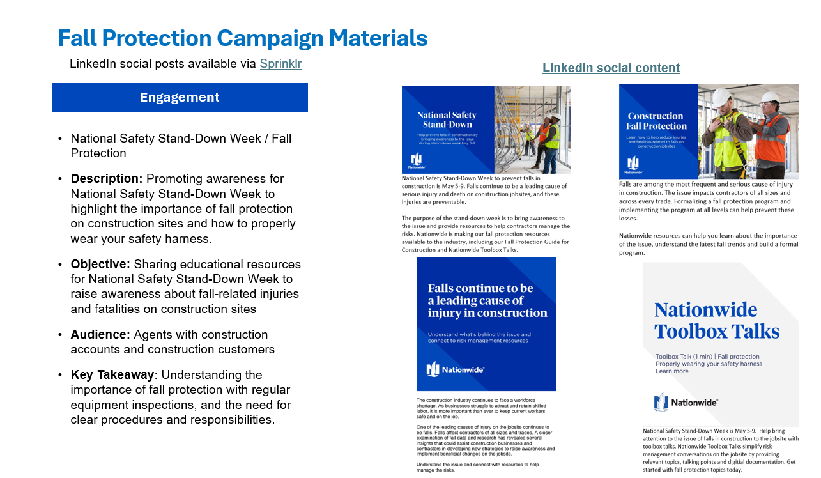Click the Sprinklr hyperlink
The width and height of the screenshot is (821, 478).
point(280,64)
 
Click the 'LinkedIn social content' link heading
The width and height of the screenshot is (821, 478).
point(611,68)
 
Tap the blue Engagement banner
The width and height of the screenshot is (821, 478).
point(180,98)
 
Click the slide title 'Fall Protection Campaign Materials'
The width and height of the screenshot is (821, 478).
point(243,38)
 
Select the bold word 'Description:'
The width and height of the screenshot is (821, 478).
point(107,179)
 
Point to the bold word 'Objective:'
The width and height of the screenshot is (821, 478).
point(100,265)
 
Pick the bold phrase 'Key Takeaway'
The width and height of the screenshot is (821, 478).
point(112,375)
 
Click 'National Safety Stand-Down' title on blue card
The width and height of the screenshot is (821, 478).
point(447,119)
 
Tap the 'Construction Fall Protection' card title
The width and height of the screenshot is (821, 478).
point(656,121)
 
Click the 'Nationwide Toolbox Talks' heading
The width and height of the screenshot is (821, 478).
point(717,321)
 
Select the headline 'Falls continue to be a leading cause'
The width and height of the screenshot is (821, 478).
point(487,300)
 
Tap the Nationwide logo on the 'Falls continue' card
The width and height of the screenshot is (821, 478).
point(456,369)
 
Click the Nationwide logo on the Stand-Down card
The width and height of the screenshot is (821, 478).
point(417,160)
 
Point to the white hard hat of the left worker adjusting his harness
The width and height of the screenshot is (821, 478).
point(722,96)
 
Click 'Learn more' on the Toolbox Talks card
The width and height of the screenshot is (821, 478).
point(672,371)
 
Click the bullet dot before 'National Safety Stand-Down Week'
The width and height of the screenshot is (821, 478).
point(60,139)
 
